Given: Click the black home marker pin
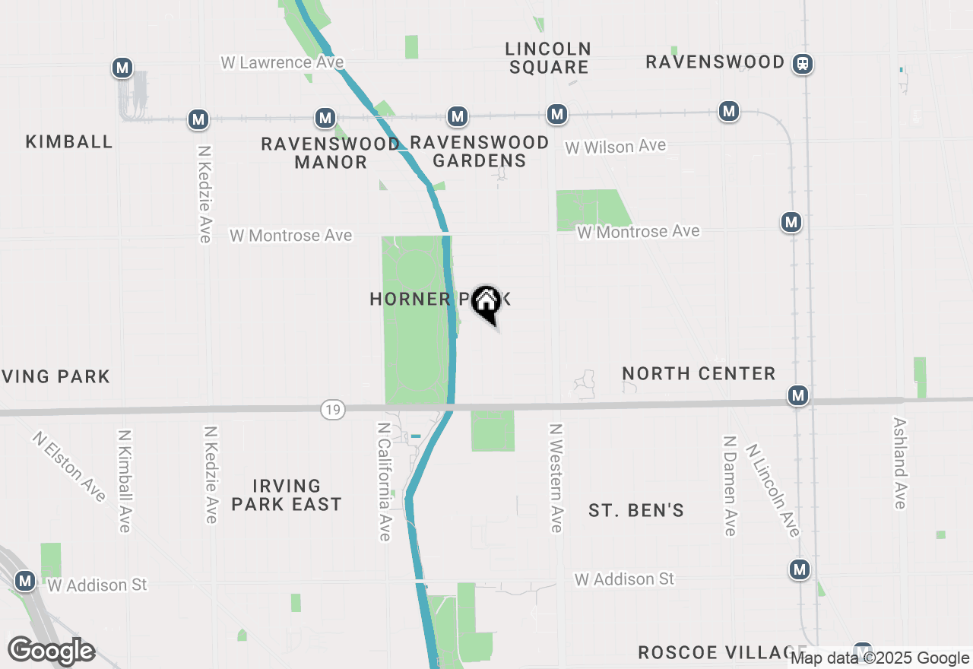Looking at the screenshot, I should pos(486,303).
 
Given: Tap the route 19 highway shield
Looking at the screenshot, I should pos(332,410).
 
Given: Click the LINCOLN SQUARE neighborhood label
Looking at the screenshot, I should pos(549,58).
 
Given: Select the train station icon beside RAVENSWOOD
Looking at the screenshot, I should pos(802,64).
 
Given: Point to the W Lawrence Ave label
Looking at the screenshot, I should pos(282,62).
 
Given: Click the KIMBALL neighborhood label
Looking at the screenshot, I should pos(69,141).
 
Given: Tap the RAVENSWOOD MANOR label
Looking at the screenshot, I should pos(331,152).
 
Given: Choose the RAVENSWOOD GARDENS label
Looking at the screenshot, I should pos(479,151).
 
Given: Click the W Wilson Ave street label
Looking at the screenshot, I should pos(615,146).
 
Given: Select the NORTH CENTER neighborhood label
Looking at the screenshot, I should pos(699,373).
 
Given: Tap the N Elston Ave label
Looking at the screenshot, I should pos(69,467).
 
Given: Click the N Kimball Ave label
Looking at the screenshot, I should pos(125,480).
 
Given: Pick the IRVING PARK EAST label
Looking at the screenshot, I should pos(287,495).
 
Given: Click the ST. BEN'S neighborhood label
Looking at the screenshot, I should pos(636,510).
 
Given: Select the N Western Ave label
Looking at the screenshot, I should pos(556,478).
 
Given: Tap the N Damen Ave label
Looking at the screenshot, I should pos(729,486).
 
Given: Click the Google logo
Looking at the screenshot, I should pos(52,651).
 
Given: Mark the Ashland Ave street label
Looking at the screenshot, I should pos(899,463).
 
